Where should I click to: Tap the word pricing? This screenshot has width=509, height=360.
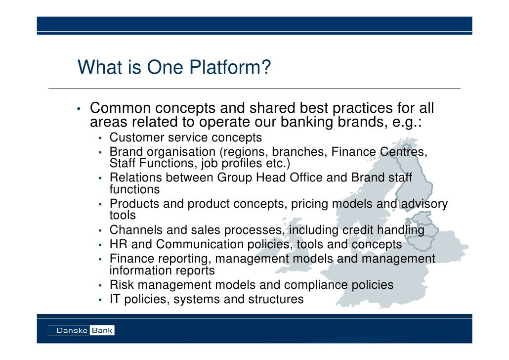tap(310, 204)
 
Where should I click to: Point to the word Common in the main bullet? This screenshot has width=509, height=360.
tap(120, 108)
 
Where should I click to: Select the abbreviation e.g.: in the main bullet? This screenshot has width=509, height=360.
tap(406, 122)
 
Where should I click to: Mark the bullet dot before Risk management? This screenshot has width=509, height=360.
tap(100, 285)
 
